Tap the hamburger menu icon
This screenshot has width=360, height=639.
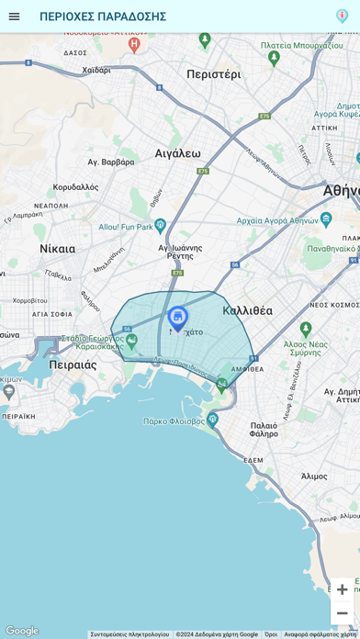(x=14, y=17)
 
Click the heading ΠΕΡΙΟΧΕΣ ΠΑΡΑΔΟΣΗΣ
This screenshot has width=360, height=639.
(x=103, y=17)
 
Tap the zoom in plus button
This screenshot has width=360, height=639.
(x=342, y=589)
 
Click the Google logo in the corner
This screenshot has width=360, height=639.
(x=22, y=631)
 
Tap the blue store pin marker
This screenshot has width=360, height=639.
(x=177, y=318)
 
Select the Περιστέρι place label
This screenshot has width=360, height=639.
(x=213, y=74)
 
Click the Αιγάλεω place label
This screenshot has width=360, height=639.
(x=177, y=153)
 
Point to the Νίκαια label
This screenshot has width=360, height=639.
(x=57, y=249)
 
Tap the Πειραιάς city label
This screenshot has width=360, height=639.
(x=73, y=364)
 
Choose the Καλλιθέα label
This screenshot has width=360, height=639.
(x=247, y=310)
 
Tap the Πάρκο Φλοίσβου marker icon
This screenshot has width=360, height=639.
(x=212, y=420)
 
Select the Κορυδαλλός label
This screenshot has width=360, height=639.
(x=75, y=186)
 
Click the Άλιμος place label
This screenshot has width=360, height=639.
(x=314, y=476)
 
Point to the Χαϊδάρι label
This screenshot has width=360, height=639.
(x=96, y=70)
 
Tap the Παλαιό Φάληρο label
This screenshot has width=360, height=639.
(x=264, y=430)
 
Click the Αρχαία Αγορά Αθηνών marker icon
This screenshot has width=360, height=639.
(x=326, y=219)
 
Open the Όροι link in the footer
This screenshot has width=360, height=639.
(x=271, y=634)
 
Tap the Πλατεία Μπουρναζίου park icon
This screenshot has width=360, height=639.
(x=274, y=57)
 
